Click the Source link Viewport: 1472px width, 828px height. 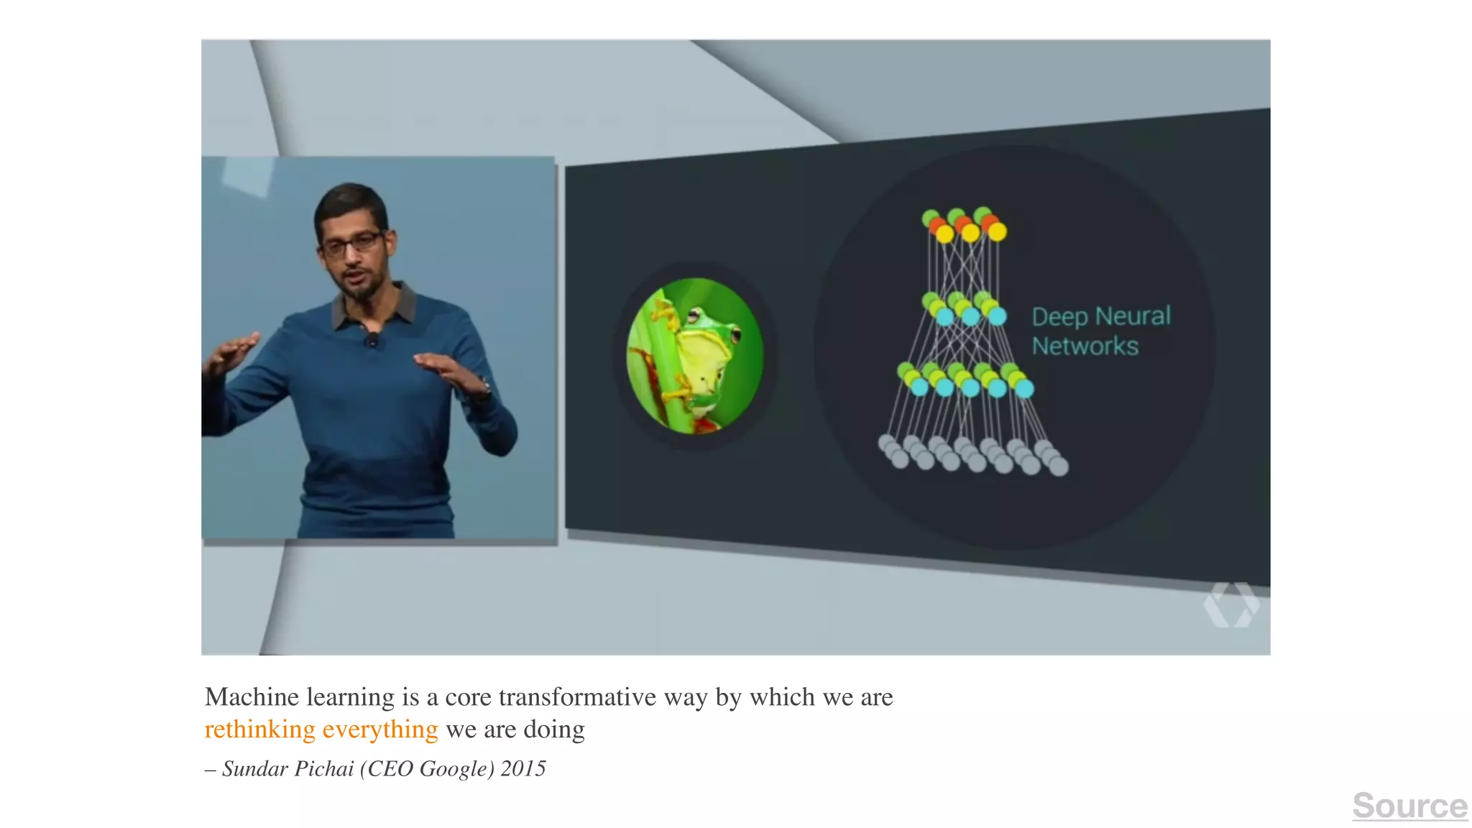pos(1409,806)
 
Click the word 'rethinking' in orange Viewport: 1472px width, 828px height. pos(259,730)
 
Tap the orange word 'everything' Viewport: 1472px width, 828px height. pos(379,730)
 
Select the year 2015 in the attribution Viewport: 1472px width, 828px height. pos(523,769)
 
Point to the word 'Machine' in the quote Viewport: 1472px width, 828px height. pos(252,697)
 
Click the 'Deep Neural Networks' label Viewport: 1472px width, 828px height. pos(1100,331)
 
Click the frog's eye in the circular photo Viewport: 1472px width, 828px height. pos(694,315)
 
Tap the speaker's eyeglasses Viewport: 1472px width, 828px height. pos(352,244)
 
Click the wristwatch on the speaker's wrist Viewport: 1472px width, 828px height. pos(486,388)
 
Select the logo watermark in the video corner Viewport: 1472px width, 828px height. pos(1231,604)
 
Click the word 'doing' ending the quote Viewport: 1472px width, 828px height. pos(554,730)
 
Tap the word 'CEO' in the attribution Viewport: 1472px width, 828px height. pos(391,769)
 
